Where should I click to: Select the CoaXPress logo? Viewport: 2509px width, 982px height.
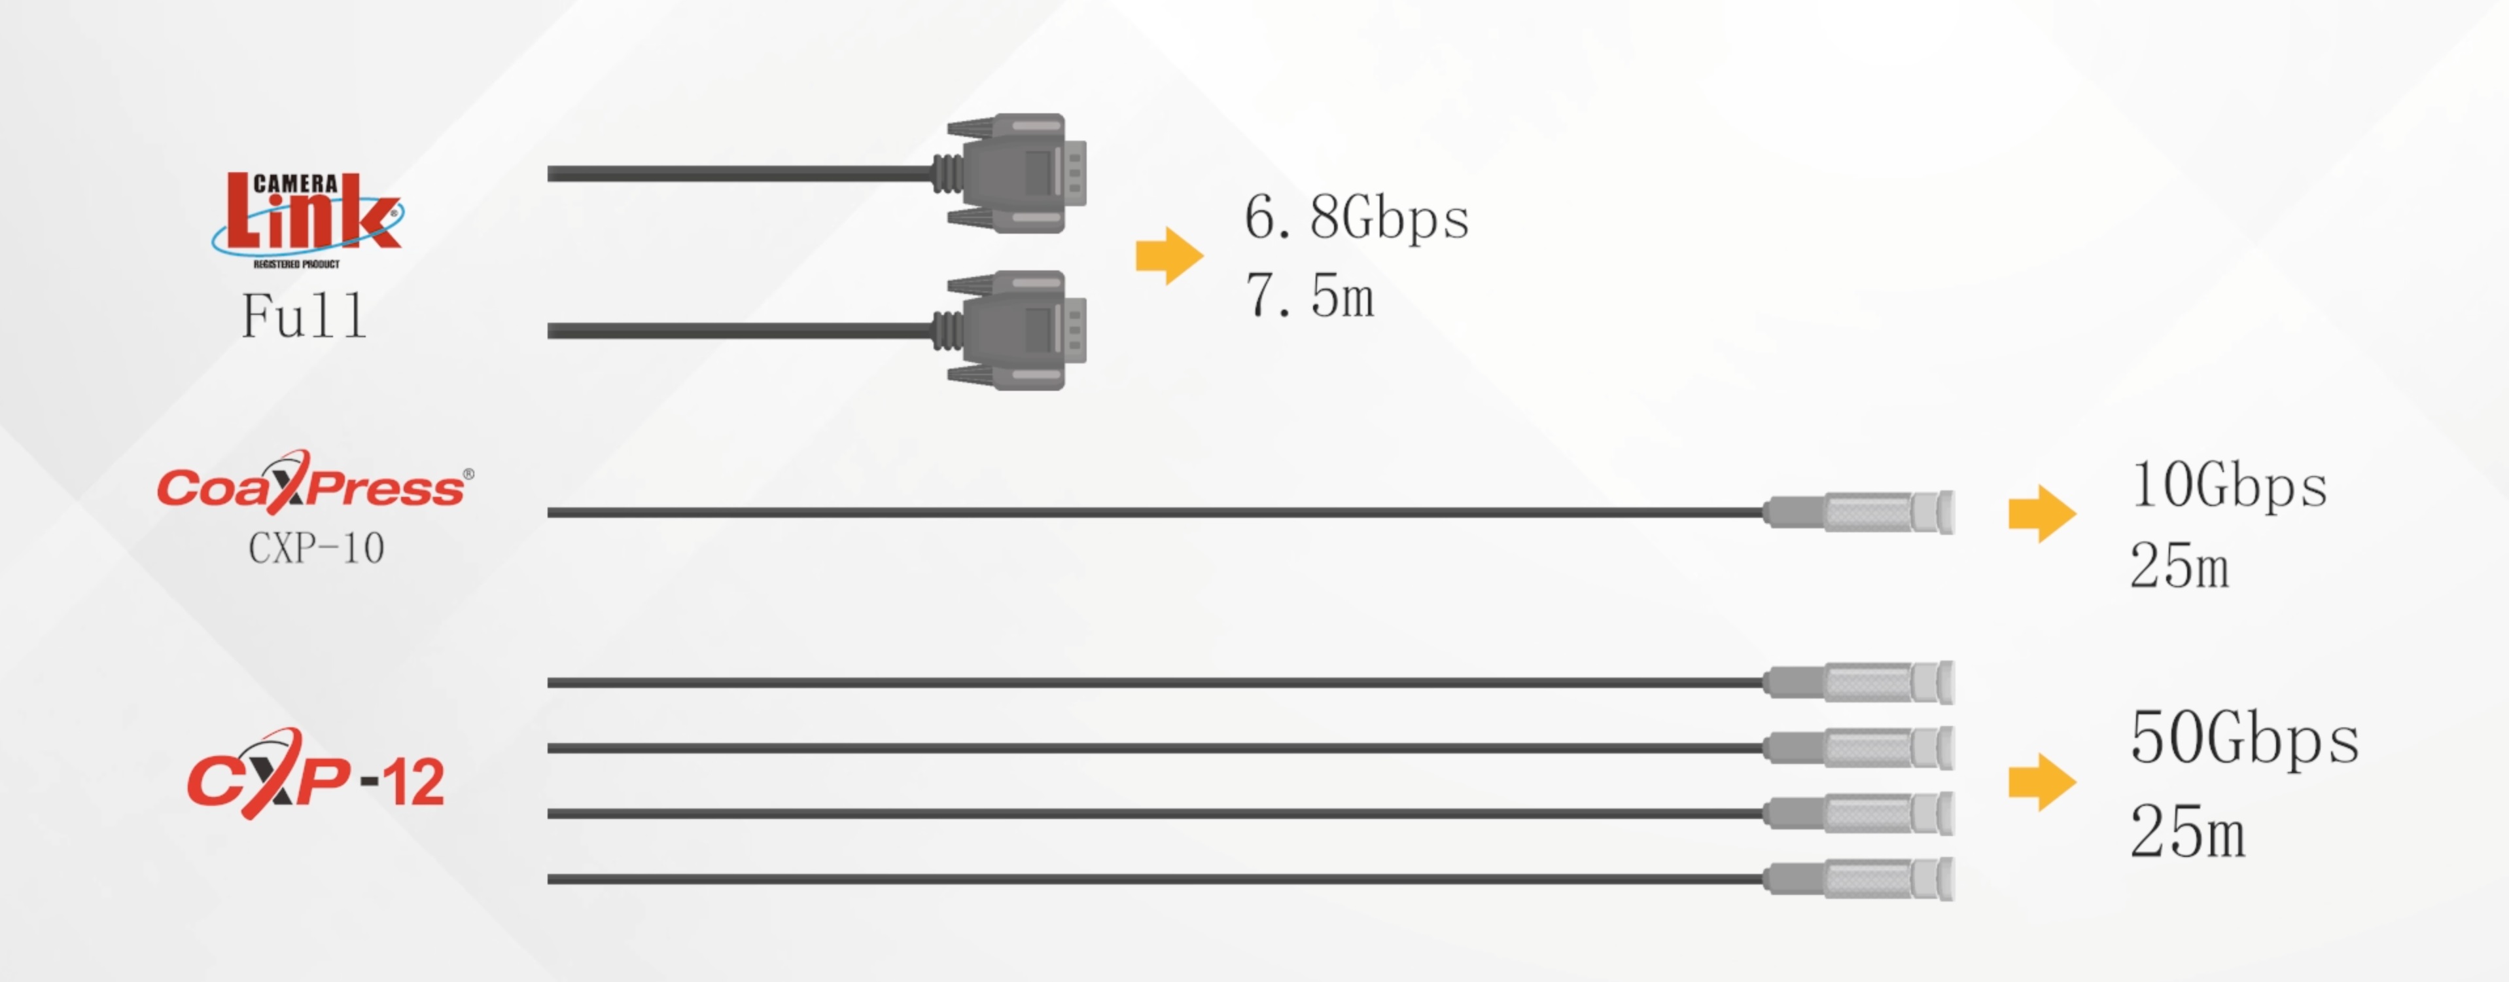pos(313,484)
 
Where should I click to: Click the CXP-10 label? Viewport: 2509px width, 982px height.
pos(317,549)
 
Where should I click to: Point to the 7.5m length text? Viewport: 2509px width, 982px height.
pos(1309,295)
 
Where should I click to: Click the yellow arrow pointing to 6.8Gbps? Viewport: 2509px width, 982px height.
pos(1168,256)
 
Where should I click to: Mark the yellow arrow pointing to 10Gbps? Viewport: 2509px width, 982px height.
pos(2041,513)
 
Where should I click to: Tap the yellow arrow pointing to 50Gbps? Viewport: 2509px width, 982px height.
pos(2041,781)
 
